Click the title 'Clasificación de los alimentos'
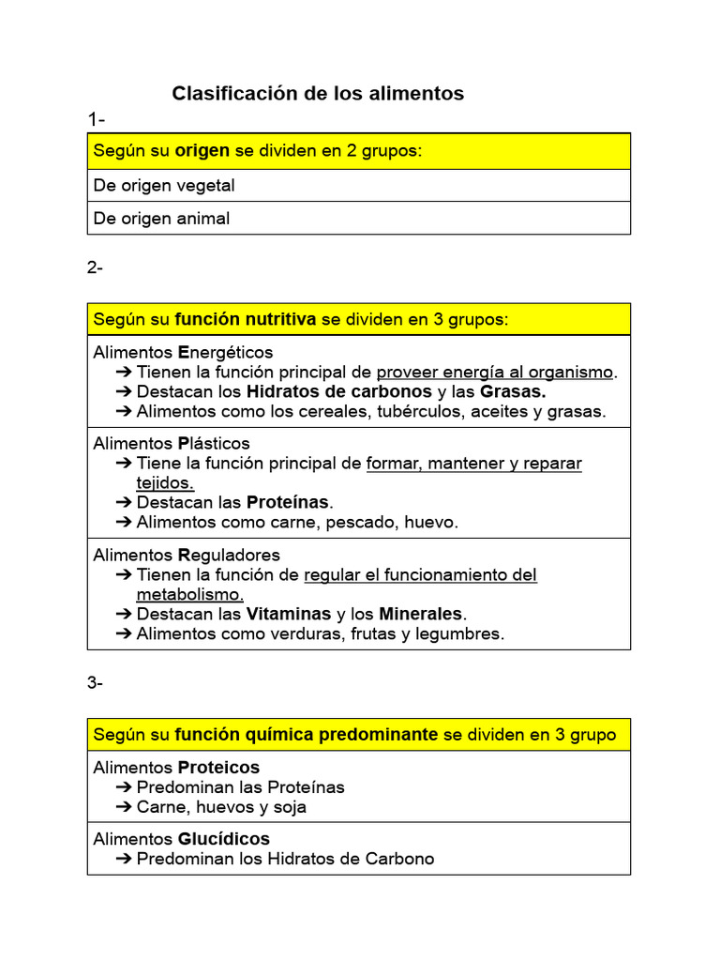point(317,94)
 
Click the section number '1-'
point(97,119)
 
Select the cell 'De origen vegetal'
point(164,185)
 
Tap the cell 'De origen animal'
point(161,219)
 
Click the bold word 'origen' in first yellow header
point(202,151)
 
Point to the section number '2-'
point(96,267)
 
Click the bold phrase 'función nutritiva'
point(246,320)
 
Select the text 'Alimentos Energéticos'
point(183,352)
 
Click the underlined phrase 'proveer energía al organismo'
point(494,373)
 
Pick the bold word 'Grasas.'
point(513,391)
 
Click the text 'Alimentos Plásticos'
point(172,443)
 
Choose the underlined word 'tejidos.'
point(165,482)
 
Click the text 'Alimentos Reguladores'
point(187,555)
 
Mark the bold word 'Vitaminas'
point(289,614)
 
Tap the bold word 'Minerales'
point(421,614)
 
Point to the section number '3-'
point(96,683)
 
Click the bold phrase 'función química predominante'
point(307,735)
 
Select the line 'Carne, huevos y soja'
point(221,807)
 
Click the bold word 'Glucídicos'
point(224,839)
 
